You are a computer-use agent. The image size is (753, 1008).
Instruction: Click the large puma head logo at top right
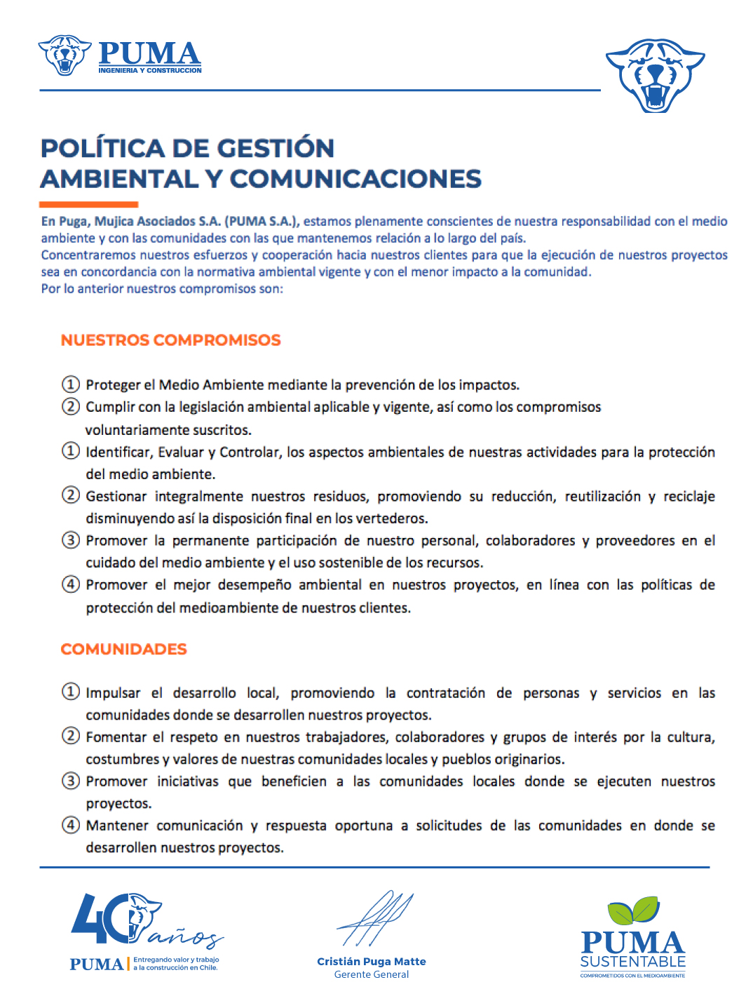655,75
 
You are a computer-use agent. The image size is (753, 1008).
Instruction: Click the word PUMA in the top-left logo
149,54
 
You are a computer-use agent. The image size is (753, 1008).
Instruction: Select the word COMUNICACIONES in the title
355,179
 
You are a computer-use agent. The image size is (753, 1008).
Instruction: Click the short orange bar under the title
88,204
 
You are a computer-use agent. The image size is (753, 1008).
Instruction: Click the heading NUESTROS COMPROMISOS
170,340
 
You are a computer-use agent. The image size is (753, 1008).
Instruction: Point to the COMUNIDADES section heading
123,649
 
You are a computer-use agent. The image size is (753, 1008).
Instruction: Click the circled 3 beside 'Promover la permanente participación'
71,540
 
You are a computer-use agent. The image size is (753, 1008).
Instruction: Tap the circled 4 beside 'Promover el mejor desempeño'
71,584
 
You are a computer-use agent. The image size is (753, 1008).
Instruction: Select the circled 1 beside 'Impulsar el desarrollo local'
71,692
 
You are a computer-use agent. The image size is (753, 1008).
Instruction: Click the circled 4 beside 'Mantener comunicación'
71,825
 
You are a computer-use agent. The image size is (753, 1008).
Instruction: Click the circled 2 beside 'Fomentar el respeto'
71,736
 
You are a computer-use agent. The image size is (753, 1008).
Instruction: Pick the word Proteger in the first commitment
113,384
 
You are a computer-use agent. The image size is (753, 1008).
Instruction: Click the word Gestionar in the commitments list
116,497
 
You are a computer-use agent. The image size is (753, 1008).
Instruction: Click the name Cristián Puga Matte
371,962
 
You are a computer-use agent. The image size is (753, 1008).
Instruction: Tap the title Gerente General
371,974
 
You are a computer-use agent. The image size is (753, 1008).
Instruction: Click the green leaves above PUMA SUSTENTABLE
633,910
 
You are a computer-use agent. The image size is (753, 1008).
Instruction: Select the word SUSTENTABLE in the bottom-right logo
632,962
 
